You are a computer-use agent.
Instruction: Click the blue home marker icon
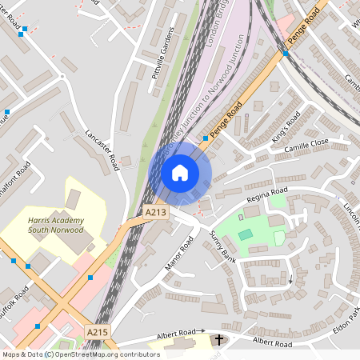[x=180, y=173]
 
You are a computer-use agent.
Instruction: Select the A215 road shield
[x=97, y=331]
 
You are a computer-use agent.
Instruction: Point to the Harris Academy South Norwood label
[x=54, y=224]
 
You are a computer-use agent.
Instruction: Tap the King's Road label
[x=286, y=126]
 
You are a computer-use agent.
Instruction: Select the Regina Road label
[x=267, y=192]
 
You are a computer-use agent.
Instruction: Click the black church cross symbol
[x=218, y=340]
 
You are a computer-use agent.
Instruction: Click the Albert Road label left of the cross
[x=176, y=332]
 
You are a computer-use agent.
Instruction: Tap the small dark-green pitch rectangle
[x=245, y=234]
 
